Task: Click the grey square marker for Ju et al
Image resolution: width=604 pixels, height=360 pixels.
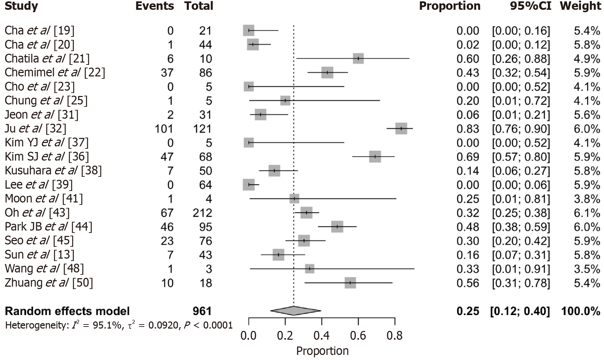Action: (x=401, y=128)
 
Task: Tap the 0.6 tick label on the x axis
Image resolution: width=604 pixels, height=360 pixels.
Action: (x=358, y=335)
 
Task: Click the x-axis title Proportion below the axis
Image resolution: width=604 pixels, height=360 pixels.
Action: (x=322, y=351)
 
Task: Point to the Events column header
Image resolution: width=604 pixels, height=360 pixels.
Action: (x=155, y=6)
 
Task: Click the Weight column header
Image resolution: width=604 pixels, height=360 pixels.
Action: (x=580, y=6)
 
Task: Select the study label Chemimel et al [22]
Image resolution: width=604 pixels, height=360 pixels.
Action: (x=55, y=72)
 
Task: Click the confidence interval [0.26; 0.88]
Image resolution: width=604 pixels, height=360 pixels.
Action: (x=521, y=59)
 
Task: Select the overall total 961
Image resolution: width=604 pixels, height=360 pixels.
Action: (x=202, y=311)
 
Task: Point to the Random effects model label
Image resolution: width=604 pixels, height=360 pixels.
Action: (x=67, y=311)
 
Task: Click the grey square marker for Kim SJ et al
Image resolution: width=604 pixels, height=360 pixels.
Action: (x=375, y=157)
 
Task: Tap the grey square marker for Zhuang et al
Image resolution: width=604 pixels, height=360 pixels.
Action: (x=350, y=283)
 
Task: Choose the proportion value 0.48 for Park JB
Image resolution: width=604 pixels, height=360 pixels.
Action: (x=468, y=227)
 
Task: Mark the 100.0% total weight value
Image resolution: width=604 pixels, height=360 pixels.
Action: (x=581, y=311)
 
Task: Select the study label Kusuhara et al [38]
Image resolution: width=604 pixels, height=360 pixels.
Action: (x=53, y=170)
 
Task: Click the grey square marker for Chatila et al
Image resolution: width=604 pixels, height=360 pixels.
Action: (x=358, y=58)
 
